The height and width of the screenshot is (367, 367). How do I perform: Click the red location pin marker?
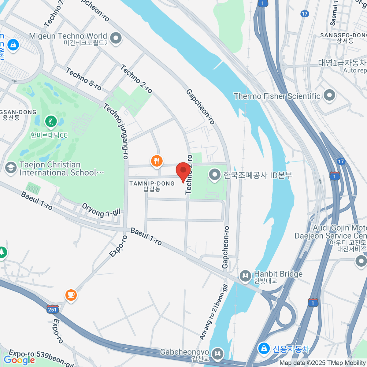pos(183,171)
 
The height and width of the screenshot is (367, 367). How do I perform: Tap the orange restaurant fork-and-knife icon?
pos(157,161)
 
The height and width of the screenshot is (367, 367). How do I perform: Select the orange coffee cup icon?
pos(71,295)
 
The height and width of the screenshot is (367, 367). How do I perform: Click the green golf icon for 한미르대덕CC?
pos(51,122)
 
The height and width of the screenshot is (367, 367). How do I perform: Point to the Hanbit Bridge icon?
pos(245,276)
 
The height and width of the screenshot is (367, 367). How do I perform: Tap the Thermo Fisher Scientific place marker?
pos(329,95)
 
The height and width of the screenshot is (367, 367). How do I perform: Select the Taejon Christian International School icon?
pos(11,168)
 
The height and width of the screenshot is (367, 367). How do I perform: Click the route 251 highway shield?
pos(53,309)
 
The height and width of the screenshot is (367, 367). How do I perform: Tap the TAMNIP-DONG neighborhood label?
pos(152,186)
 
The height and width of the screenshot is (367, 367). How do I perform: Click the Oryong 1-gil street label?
pos(101,210)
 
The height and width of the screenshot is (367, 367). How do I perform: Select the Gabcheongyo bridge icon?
pos(217,354)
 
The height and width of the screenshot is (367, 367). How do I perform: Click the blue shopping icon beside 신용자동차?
pos(263,348)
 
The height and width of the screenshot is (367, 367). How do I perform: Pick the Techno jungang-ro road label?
pos(116,131)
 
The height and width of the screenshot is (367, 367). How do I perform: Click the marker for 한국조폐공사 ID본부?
pos(215,175)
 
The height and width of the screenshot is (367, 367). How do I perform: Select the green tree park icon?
pos(2,252)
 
